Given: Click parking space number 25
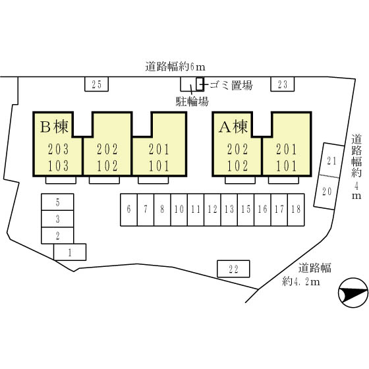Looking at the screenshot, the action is coord(96,84).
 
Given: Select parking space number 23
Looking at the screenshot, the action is coord(283,84).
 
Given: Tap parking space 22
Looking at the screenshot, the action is coord(233,269).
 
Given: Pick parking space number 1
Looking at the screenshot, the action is coord(70,252).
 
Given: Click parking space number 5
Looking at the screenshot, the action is coord(58,202).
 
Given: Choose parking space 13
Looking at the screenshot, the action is coord(229,210).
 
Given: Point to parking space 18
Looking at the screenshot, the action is coord(296,210).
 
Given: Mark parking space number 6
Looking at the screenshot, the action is coord(128,210).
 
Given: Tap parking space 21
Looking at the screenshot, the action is coord(331,161).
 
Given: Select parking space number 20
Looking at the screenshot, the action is coord(327,192).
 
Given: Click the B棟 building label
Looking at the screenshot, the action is coord(54,127).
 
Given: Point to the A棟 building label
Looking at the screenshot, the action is coord(233,127).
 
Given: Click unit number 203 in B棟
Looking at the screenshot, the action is coord(59,149).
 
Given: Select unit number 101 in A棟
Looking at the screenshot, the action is coord(286,165).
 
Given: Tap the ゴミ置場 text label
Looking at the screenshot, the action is coord(231,85).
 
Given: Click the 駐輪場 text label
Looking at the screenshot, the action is coord(192,101).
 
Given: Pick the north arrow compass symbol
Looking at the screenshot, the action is coord(353,293).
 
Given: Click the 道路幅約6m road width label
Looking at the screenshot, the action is coord(175,67).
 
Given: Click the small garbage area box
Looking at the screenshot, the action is coord(200,84).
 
